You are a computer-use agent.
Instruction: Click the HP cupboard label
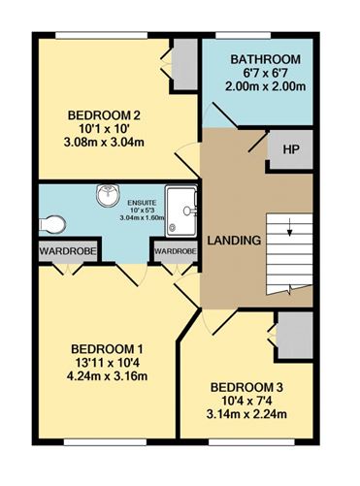tap(291, 149)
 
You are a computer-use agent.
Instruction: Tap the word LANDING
tap(234, 241)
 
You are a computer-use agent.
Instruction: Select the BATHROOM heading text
tap(265, 59)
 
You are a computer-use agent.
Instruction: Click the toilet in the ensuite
tap(52, 224)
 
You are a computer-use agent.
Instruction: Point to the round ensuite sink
tap(108, 195)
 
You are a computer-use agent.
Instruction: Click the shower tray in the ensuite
tap(181, 211)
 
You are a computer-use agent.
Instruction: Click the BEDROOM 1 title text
tap(107, 349)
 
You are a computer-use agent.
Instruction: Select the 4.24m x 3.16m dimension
tap(107, 376)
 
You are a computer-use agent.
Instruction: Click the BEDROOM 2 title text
tap(104, 115)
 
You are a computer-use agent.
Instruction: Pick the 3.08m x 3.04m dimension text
tap(104, 143)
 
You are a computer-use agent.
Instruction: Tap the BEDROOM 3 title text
tap(246, 387)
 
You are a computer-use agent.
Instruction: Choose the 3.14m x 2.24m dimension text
tap(246, 414)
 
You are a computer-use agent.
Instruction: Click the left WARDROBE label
tap(68, 251)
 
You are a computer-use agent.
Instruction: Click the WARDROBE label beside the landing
tap(176, 251)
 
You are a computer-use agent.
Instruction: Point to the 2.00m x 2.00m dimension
tap(265, 86)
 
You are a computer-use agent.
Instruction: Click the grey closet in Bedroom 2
tap(184, 64)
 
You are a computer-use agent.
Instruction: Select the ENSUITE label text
tap(142, 203)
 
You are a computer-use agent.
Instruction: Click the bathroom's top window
tap(243, 35)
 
